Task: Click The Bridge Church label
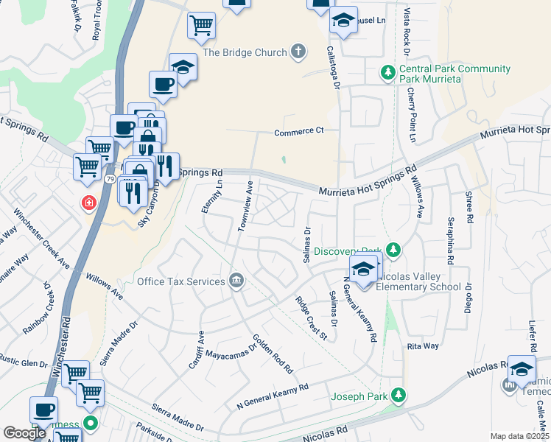tap(245, 52)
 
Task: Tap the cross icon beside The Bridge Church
tap(298, 51)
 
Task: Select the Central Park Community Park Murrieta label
tap(455, 74)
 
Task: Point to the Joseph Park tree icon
tap(399, 396)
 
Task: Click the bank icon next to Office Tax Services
tap(236, 280)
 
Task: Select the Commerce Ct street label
tap(299, 133)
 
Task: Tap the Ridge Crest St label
tap(311, 318)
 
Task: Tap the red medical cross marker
tap(90, 202)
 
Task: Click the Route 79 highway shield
tap(109, 179)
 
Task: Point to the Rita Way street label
tap(423, 345)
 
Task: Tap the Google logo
tap(24, 433)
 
